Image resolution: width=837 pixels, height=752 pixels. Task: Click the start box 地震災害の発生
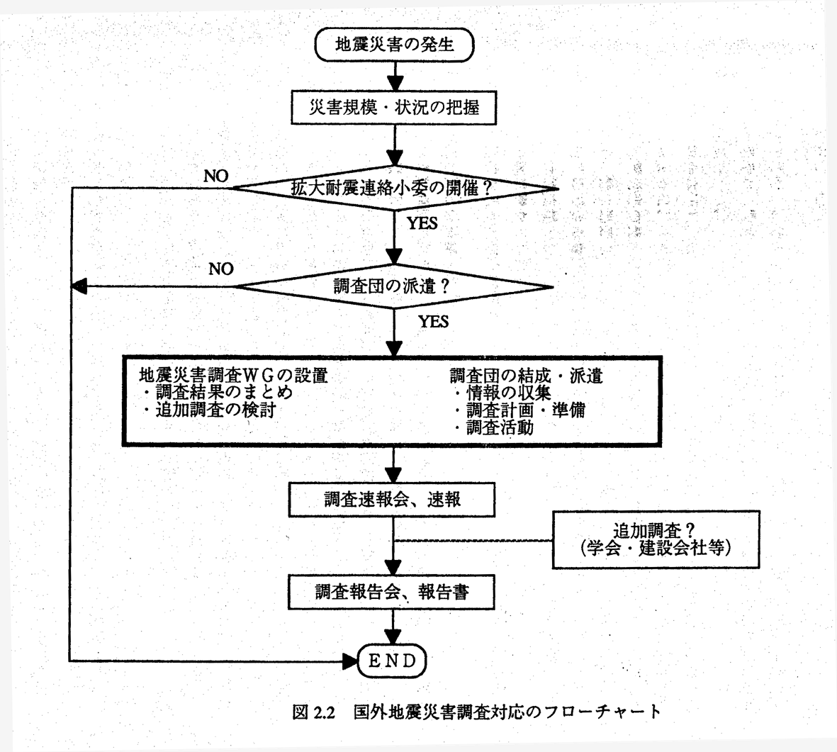tap(394, 45)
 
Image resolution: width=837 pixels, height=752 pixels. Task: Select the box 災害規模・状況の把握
tap(394, 106)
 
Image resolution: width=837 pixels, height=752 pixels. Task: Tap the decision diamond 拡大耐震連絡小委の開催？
tap(394, 189)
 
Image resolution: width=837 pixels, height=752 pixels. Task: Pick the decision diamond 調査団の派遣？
tap(394, 286)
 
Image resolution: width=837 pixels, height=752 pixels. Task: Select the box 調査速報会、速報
tap(392, 500)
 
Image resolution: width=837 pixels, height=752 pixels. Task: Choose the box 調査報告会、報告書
tap(392, 591)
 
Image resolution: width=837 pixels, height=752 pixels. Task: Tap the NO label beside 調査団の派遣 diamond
tap(221, 269)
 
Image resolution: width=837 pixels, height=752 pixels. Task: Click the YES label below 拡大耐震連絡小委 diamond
tap(422, 223)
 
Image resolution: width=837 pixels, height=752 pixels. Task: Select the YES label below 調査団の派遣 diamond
tap(433, 322)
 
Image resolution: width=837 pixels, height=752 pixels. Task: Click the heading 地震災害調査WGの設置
tap(233, 376)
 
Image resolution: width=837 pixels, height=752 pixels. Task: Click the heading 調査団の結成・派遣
tap(526, 376)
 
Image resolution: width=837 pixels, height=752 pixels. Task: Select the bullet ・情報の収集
tap(502, 393)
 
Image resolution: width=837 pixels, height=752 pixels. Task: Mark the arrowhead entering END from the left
tap(350, 661)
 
